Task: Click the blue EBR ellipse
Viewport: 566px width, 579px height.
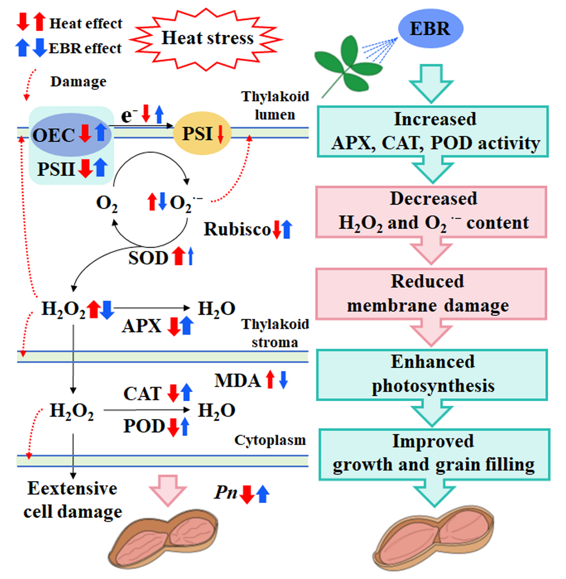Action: coord(430,29)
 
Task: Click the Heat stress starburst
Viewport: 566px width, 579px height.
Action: coord(207,38)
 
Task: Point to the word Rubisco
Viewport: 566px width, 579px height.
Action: coord(237,230)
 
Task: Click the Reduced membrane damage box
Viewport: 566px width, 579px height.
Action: coord(431,294)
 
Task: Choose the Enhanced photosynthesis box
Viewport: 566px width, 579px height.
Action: coord(431,374)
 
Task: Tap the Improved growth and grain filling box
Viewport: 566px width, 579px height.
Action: coord(434,454)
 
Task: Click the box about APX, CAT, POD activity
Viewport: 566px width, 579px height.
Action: coord(432,131)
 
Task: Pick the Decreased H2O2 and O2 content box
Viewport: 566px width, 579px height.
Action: coord(431,212)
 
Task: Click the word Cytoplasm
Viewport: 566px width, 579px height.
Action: coord(270,440)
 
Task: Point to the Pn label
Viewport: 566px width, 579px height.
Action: coord(226,493)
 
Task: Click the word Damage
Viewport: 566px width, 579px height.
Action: coord(78,82)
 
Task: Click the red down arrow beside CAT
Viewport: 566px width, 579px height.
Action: coord(173,393)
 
